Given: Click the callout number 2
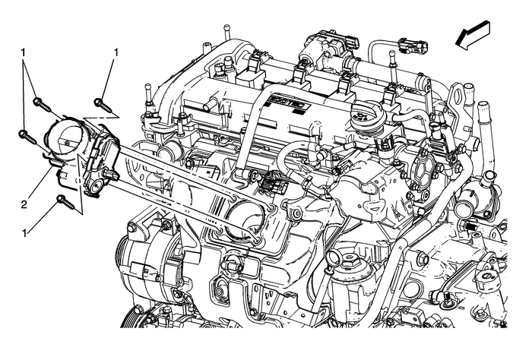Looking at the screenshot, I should click(24, 182).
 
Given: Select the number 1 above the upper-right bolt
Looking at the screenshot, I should click(116, 52).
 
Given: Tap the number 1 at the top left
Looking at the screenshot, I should click(24, 53).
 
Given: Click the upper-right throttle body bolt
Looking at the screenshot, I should click(100, 101).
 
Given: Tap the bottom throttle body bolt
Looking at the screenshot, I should click(62, 202).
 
